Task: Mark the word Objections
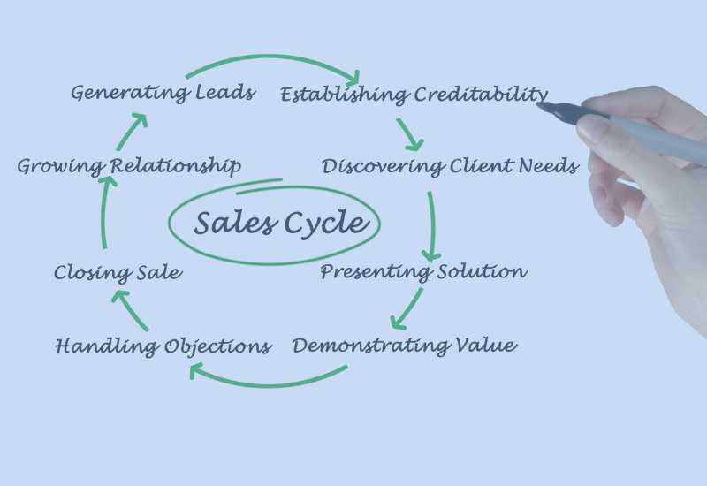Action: pos(217,346)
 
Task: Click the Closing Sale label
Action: pos(118,273)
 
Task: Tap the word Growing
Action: pos(59,166)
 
